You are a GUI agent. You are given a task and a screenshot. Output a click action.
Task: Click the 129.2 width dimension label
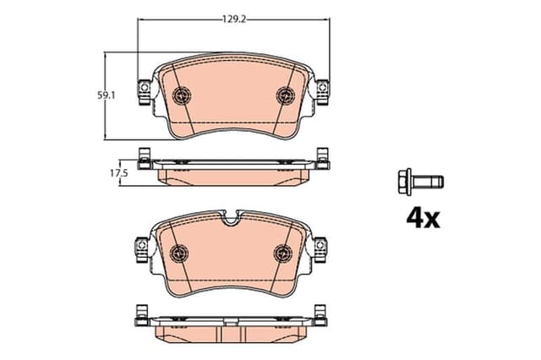tap(234, 16)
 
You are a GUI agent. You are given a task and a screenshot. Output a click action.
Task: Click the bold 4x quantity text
tap(423, 219)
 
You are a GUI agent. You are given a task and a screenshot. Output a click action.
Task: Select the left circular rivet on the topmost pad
tap(181, 95)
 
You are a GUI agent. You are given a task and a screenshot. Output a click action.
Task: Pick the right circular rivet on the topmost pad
tap(284, 95)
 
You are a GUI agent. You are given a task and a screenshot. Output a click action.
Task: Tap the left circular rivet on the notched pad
tap(179, 252)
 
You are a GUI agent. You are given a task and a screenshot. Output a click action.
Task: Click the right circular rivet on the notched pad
tap(282, 252)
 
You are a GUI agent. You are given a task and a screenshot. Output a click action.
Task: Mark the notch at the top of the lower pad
tap(231, 221)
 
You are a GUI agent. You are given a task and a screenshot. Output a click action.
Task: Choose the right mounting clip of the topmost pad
tap(323, 88)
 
